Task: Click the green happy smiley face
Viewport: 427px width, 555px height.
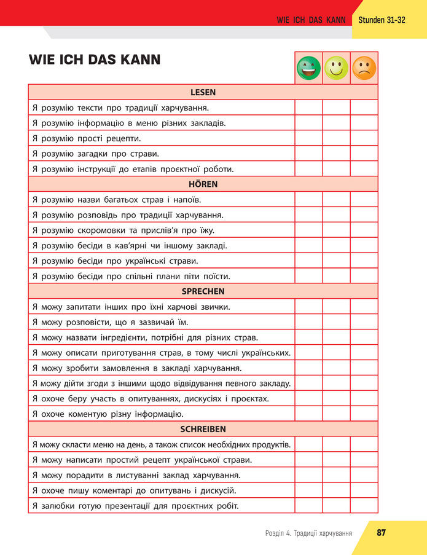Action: (x=308, y=68)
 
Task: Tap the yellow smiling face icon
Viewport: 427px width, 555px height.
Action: (x=336, y=68)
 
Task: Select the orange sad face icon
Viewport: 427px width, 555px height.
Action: (x=364, y=68)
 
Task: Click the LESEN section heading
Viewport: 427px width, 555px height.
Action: (x=203, y=92)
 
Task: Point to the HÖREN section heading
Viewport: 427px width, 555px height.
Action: (x=203, y=184)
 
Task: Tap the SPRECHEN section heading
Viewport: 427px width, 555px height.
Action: (x=203, y=291)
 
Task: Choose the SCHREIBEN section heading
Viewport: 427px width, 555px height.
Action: (x=203, y=429)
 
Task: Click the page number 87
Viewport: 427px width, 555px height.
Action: (x=381, y=532)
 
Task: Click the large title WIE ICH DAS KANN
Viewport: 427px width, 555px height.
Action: (x=95, y=60)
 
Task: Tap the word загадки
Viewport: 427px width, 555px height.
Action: (x=93, y=154)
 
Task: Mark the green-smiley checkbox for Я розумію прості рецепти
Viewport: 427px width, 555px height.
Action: (x=308, y=138)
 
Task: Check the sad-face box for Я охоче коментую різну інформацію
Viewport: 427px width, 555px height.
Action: (x=364, y=414)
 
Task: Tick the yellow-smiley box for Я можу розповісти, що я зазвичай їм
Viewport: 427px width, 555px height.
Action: (x=336, y=322)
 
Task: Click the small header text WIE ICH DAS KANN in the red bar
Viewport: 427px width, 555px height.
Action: (x=311, y=20)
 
